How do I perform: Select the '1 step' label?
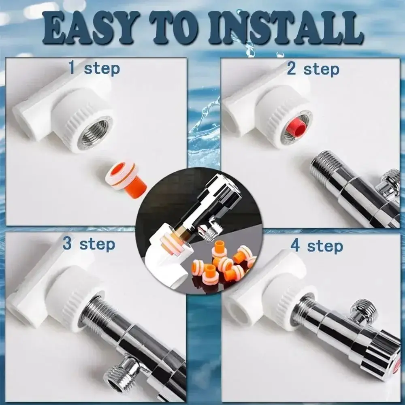[x=94, y=68]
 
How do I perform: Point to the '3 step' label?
[x=89, y=244]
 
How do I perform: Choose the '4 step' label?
[x=317, y=246]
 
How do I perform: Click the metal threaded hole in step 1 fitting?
[x=94, y=132]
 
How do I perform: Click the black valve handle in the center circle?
[x=211, y=194]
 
